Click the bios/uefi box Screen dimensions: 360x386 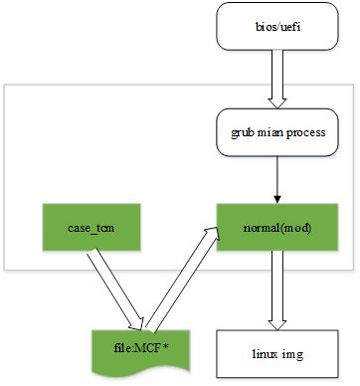[x=277, y=26]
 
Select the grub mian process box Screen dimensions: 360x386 [x=277, y=132]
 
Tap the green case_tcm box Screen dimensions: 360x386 [x=91, y=227]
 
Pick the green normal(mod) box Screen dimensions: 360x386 [x=277, y=227]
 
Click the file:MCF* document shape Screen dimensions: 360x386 [x=141, y=352]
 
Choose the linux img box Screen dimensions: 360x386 [x=277, y=354]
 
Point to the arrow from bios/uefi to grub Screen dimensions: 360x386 [x=277, y=80]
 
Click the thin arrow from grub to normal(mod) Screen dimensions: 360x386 [x=277, y=180]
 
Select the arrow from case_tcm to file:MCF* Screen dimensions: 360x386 [x=115, y=290]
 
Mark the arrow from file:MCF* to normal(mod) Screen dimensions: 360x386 [x=182, y=280]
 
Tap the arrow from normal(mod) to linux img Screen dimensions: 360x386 [x=277, y=290]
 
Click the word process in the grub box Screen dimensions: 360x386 [x=306, y=132]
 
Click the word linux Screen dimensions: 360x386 [x=266, y=353]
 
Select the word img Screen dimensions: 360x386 [x=292, y=354]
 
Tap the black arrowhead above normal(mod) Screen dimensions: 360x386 [x=277, y=199]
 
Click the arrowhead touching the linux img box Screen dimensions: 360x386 [x=277, y=325]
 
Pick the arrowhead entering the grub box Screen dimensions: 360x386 [x=277, y=103]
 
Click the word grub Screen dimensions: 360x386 [x=243, y=133]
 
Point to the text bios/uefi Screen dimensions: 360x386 [x=277, y=26]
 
